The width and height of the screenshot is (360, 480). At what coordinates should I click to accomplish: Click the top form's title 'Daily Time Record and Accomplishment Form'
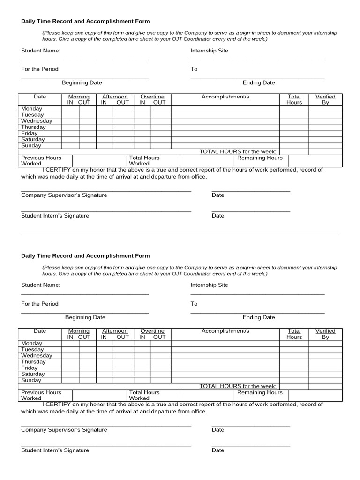tap(85, 21)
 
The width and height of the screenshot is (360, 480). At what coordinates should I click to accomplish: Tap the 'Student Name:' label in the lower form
tap(40, 285)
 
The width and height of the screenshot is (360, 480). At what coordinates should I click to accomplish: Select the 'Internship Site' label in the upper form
tap(209, 51)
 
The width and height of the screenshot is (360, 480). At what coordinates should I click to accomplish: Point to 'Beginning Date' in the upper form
tap(82, 83)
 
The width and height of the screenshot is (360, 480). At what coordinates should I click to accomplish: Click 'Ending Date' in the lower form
tap(258, 318)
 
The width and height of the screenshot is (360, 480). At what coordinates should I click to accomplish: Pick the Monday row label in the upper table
tap(32, 109)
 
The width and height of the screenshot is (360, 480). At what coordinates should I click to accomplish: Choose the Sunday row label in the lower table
tap(31, 381)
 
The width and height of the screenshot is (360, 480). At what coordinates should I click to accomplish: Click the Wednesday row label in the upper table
tap(37, 121)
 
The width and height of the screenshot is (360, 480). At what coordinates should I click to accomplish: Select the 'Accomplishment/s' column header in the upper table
tap(225, 97)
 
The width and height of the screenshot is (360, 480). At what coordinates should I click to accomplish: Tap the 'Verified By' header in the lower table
tap(325, 334)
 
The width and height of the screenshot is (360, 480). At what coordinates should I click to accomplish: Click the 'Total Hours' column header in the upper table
tap(294, 99)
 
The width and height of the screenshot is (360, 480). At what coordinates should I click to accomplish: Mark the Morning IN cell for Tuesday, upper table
tap(71, 115)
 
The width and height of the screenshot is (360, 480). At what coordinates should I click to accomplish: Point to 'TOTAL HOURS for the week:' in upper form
tap(238, 151)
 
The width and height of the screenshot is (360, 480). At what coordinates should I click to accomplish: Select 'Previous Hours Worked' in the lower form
tap(41, 395)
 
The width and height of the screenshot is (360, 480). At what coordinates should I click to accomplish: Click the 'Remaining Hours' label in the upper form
tap(260, 158)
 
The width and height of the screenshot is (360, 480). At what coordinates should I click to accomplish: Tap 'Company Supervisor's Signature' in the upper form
tap(64, 195)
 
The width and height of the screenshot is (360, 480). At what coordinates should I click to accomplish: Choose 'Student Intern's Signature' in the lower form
tap(55, 450)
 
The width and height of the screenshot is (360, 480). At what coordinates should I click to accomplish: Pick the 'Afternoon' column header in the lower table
tap(115, 331)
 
